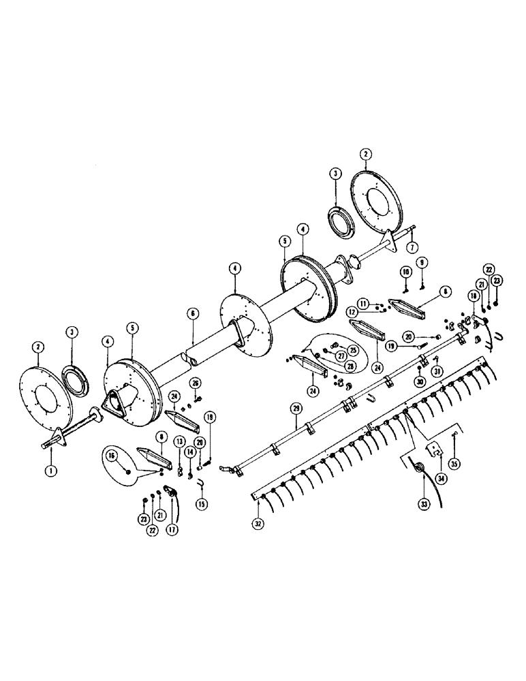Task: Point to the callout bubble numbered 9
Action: [422, 262]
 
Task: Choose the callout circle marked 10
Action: [405, 272]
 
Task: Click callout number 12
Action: [353, 311]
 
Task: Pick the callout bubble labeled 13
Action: [179, 441]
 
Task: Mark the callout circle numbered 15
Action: [201, 503]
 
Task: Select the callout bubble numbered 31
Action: [437, 370]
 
